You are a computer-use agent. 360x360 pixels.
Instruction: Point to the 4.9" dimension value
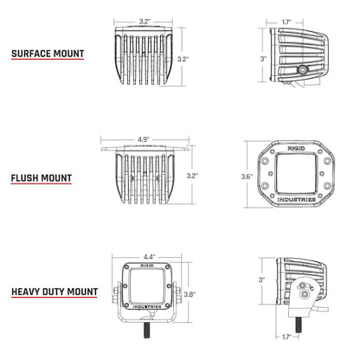coord(142,137)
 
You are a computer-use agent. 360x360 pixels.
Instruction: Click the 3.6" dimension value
coord(247,177)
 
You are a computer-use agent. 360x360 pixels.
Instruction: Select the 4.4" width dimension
coord(149,257)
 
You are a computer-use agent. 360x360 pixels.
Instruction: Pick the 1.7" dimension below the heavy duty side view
coord(287,336)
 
